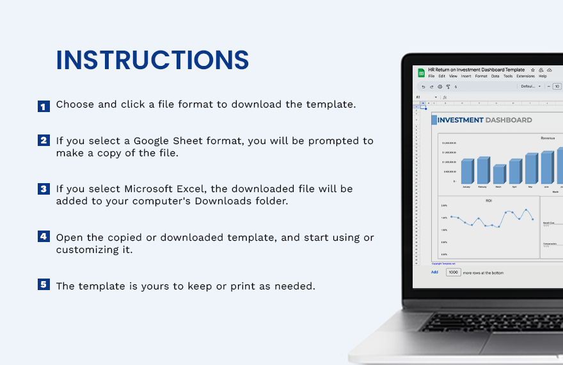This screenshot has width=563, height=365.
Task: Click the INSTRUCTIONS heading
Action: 152,60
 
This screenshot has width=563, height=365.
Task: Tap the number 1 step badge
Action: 44,106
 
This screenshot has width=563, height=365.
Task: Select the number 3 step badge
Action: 44,189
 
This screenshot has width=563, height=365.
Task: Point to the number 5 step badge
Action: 44,284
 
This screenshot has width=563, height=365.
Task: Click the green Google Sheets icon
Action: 422,73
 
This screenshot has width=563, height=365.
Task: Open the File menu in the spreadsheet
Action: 431,76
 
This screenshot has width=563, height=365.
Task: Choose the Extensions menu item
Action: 525,76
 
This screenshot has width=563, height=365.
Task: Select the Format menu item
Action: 481,76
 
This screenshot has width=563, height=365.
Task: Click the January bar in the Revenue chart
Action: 467,172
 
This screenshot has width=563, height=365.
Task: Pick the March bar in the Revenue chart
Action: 498,174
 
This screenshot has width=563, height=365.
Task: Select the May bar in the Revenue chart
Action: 530,168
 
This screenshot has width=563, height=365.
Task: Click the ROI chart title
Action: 489,200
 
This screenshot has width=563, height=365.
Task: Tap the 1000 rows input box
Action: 453,272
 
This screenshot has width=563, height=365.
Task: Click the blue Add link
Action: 434,272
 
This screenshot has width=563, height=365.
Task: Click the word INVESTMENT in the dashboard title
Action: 460,120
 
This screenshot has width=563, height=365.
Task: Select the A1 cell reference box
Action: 420,97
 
